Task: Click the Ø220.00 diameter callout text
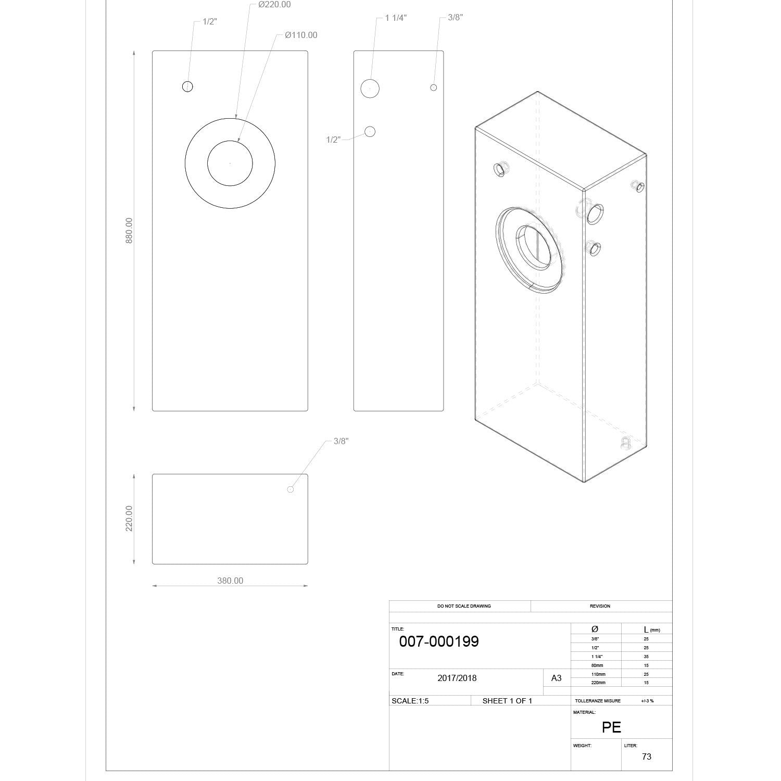(274, 5)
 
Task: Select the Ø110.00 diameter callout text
(301, 35)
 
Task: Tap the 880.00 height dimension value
(129, 231)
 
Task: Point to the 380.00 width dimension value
(230, 581)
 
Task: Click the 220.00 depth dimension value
(129, 519)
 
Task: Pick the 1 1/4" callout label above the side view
(396, 18)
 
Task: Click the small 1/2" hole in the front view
(188, 86)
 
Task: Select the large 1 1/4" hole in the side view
(370, 89)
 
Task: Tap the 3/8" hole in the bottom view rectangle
(291, 489)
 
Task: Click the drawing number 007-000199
(439, 641)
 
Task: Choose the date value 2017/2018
(457, 678)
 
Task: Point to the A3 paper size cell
(557, 678)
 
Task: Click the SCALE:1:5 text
(410, 701)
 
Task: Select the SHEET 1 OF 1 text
(507, 701)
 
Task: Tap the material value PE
(612, 727)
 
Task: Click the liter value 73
(647, 757)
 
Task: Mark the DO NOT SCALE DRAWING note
(464, 606)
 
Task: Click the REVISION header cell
(600, 606)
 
